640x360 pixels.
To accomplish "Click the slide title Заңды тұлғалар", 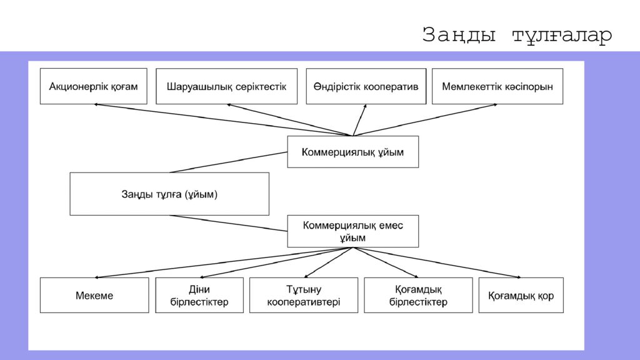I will click(x=517, y=35).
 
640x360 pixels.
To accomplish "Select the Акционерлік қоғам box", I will click(x=94, y=86).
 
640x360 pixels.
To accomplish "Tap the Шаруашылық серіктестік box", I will click(x=226, y=86).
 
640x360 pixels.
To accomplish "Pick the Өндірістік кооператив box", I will click(x=366, y=86).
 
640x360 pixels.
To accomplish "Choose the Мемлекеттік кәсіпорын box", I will click(x=497, y=86).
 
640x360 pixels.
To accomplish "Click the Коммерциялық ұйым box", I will click(x=353, y=152).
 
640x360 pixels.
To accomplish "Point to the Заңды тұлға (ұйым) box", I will click(x=169, y=194).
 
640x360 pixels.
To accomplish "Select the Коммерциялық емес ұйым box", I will click(x=353, y=231).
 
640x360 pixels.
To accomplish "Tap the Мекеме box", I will click(x=94, y=295).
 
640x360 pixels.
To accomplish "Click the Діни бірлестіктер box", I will click(x=199, y=295).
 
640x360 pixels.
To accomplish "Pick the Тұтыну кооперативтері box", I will click(x=304, y=295).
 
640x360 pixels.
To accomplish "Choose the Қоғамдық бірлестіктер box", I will click(x=418, y=295).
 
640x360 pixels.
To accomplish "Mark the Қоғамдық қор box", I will click(x=521, y=295).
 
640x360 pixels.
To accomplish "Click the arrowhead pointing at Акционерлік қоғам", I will click(x=97, y=105).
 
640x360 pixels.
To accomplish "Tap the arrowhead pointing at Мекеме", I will click(x=97, y=276).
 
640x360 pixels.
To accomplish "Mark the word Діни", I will click(x=199, y=289).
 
